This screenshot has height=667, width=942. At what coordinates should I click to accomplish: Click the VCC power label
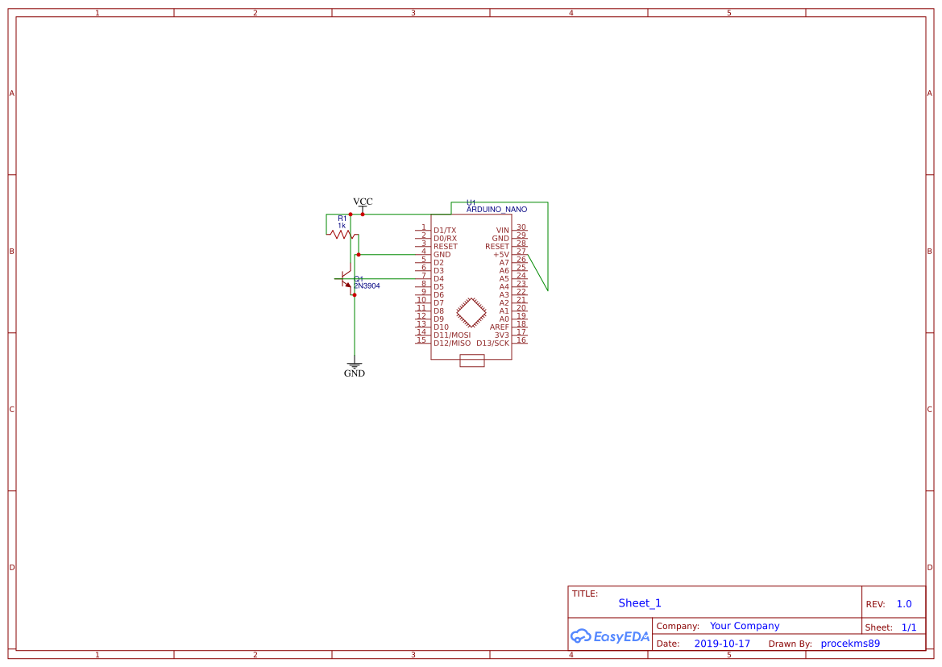coord(363,202)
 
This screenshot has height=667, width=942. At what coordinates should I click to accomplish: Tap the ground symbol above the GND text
coord(355,365)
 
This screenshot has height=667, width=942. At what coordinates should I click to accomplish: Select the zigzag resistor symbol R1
coord(342,235)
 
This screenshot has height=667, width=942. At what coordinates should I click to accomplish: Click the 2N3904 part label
coord(367,286)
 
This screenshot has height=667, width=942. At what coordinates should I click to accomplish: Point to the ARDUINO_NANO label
coord(497,210)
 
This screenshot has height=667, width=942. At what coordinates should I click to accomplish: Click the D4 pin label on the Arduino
coord(438,279)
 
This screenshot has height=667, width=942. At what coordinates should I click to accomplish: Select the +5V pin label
coord(501,255)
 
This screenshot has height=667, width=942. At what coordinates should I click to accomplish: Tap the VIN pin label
coord(502,231)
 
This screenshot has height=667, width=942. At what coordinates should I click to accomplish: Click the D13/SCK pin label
coord(492,344)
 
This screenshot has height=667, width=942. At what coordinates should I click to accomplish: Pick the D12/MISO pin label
coord(452,344)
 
